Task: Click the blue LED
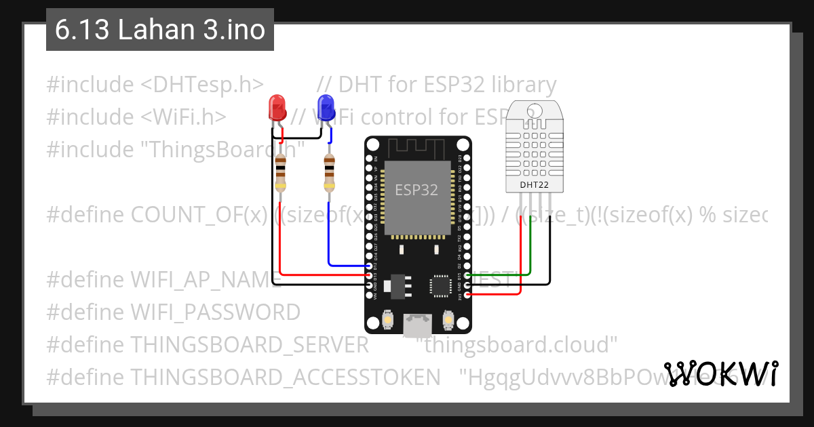[x=326, y=107]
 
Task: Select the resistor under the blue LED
[x=329, y=174]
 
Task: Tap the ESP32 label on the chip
[x=416, y=190]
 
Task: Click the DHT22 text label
[x=534, y=184]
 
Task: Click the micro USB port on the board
[x=416, y=325]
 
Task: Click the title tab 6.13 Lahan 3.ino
[x=160, y=30]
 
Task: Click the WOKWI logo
[x=720, y=373]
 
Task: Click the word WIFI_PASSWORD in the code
[x=215, y=312]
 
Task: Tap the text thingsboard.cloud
[x=520, y=345]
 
